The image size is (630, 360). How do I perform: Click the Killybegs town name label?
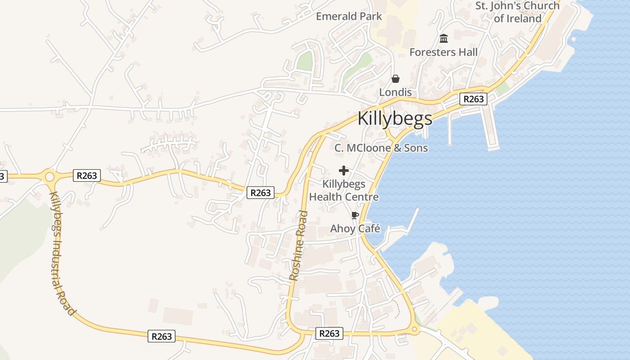click(395, 118)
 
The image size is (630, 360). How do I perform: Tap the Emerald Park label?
click(349, 17)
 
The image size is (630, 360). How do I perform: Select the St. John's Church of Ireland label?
click(517, 12)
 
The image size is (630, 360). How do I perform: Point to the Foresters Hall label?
click(443, 52)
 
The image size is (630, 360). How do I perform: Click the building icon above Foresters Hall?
click(444, 39)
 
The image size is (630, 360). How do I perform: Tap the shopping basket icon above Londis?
click(396, 79)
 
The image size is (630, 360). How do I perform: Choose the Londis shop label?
click(395, 92)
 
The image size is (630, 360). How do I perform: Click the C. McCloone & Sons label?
click(381, 148)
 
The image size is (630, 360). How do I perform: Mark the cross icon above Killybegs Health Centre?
click(344, 171)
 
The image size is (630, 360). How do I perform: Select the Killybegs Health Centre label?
click(344, 191)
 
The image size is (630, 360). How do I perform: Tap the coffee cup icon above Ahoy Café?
click(355, 215)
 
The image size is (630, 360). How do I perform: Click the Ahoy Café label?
click(355, 229)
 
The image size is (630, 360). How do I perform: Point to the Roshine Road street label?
click(299, 245)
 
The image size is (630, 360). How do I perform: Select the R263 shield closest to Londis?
click(473, 99)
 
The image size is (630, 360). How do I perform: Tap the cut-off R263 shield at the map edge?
click(3, 176)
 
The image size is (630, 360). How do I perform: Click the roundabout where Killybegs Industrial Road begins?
click(49, 176)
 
